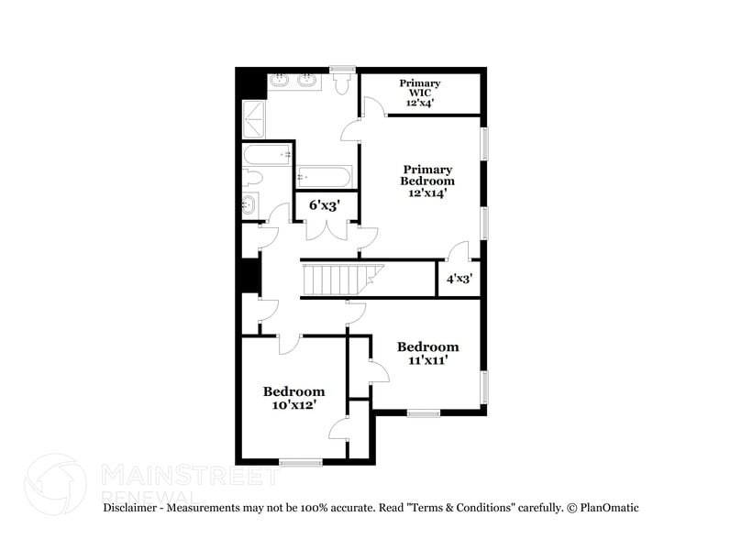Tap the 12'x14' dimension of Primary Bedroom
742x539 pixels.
pyautogui.click(x=427, y=193)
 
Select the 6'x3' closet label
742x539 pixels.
pyautogui.click(x=324, y=205)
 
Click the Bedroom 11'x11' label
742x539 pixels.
pyautogui.click(x=427, y=354)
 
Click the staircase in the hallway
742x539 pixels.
pyautogui.click(x=334, y=279)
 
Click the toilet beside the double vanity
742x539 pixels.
pyautogui.click(x=343, y=84)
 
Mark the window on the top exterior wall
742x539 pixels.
pyautogui.click(x=343, y=68)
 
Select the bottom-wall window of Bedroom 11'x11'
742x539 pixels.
pyautogui.click(x=423, y=413)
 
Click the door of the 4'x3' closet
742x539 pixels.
pyautogui.click(x=458, y=252)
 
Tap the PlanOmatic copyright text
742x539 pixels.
pyautogui.click(x=603, y=507)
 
